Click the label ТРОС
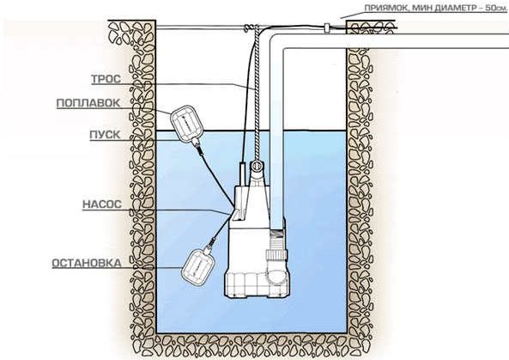point(106,79)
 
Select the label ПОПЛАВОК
point(88,103)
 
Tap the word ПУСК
point(105,135)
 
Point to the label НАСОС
point(102,204)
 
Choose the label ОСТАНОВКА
point(87,263)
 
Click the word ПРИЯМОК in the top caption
point(384,8)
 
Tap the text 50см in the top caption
point(495,8)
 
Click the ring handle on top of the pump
point(257,167)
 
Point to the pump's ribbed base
point(257,285)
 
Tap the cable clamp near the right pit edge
point(327,27)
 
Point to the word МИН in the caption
point(421,8)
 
